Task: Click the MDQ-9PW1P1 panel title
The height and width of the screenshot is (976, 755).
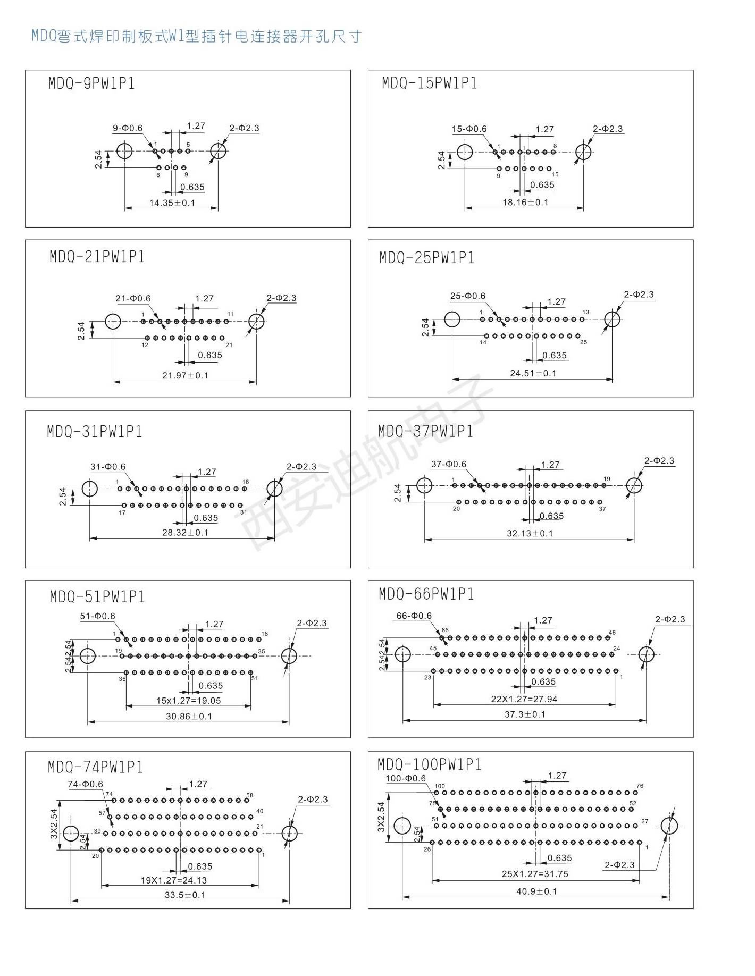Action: click(91, 83)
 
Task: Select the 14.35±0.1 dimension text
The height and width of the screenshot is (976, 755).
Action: click(172, 203)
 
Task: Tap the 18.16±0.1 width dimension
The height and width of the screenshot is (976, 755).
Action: click(525, 202)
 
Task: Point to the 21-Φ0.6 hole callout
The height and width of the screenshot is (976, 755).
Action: click(133, 298)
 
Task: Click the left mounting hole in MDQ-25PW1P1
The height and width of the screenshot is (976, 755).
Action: click(452, 319)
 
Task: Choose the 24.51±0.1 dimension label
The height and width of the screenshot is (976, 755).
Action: click(533, 373)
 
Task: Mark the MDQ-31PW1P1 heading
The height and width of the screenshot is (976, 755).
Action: click(95, 431)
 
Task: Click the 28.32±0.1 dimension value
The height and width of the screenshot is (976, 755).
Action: click(185, 533)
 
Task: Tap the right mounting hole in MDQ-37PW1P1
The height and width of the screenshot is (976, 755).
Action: click(634, 485)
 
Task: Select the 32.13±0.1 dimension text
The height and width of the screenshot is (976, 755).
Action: click(530, 533)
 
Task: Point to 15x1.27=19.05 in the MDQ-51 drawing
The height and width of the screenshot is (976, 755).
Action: click(188, 701)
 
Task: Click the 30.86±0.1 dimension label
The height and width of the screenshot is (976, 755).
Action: click(189, 716)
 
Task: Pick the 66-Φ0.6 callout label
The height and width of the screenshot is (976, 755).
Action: click(414, 616)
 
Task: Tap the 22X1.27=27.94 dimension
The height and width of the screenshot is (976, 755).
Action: click(524, 699)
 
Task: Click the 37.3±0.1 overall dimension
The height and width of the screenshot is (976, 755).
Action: click(525, 714)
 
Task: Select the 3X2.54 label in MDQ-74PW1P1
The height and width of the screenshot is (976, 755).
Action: click(54, 824)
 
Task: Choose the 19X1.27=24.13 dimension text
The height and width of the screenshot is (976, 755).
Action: click(173, 880)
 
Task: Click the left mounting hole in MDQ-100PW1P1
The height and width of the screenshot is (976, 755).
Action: click(402, 826)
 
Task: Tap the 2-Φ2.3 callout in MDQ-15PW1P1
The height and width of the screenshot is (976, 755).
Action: click(608, 129)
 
